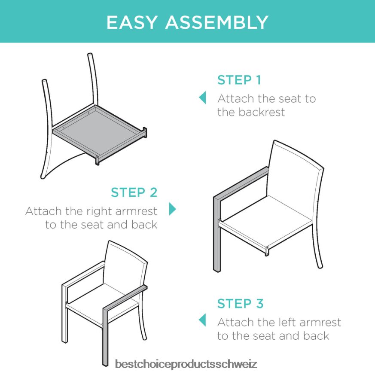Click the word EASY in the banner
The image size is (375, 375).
tap(132, 22)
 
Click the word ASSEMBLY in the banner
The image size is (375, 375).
tap(217, 22)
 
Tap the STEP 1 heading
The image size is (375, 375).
tap(239, 80)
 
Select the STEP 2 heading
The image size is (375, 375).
tap(134, 192)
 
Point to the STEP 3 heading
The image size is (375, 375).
tap(241, 304)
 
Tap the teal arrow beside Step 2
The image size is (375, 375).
tap(172, 209)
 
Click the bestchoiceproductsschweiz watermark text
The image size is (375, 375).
tap(186, 364)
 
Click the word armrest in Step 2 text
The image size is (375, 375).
tap(136, 211)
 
